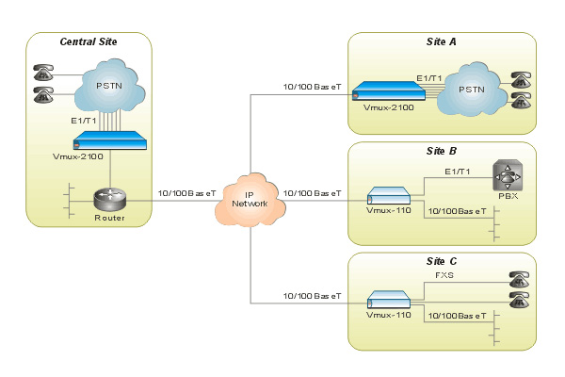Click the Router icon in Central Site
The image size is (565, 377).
[x=109, y=199]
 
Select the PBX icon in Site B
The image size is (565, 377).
[x=507, y=177]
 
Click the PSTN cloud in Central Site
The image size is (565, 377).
[x=109, y=88]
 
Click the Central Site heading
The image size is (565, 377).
[x=89, y=42]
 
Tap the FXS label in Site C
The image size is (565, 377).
[x=444, y=275]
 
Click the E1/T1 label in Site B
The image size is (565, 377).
[x=460, y=172]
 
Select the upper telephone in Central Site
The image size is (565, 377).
[x=43, y=73]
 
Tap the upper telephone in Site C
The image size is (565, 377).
[x=517, y=279]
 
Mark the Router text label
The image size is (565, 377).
[x=109, y=219]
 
